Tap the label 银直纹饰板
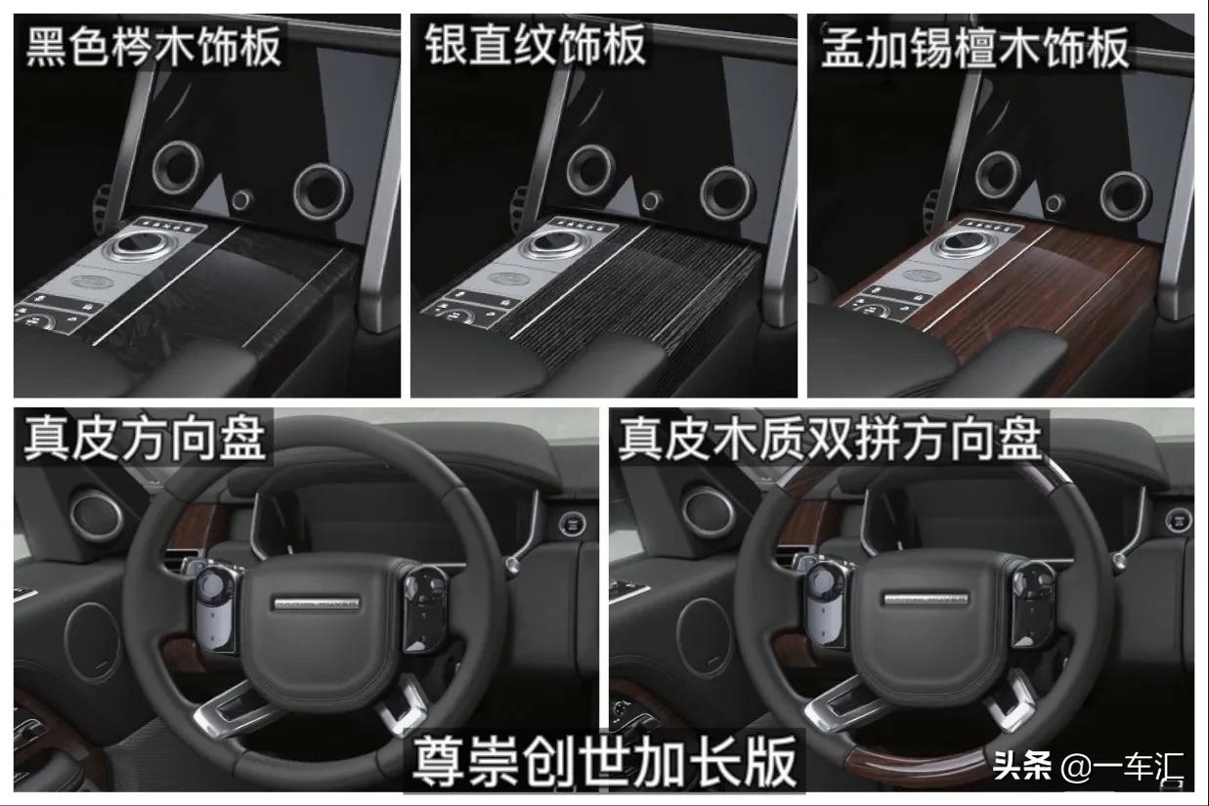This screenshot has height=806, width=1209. [x=536, y=45]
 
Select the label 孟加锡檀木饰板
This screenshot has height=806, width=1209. [x=974, y=48]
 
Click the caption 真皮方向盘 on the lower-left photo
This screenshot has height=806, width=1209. [x=145, y=439]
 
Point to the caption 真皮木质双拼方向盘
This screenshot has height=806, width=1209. [x=830, y=439]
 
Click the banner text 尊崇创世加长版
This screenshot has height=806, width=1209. [x=604, y=762]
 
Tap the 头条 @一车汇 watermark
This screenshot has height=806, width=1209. [x=1088, y=767]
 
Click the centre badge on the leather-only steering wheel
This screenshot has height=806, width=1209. [x=317, y=603]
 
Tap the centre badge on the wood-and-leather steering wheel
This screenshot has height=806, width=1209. [x=926, y=598]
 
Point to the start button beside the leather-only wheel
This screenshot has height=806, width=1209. [x=572, y=525]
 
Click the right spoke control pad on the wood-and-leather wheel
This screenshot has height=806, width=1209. [x=1032, y=603]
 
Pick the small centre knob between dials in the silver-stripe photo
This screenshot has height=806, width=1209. [x=652, y=201]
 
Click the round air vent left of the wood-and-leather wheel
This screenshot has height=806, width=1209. [x=709, y=511]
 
